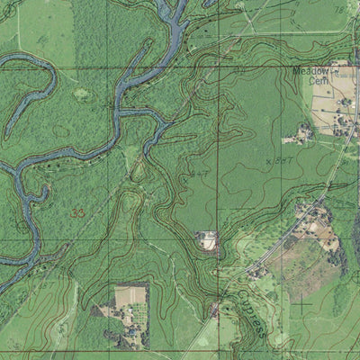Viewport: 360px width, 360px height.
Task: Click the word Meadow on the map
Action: (310, 70)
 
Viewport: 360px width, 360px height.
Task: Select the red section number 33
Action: (78, 212)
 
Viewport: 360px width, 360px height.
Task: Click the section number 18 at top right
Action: (338, 8)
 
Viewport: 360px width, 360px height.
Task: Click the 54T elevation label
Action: (200, 171)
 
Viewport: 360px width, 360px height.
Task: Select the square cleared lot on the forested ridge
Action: (208, 240)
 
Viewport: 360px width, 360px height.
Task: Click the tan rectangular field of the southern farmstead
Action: (130, 296)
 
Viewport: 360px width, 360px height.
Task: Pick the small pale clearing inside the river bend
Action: (81, 94)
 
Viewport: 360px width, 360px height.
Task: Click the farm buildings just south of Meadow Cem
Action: (299, 135)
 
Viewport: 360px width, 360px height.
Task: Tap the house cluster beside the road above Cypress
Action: (258, 270)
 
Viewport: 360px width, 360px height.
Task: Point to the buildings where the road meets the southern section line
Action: (216, 310)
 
